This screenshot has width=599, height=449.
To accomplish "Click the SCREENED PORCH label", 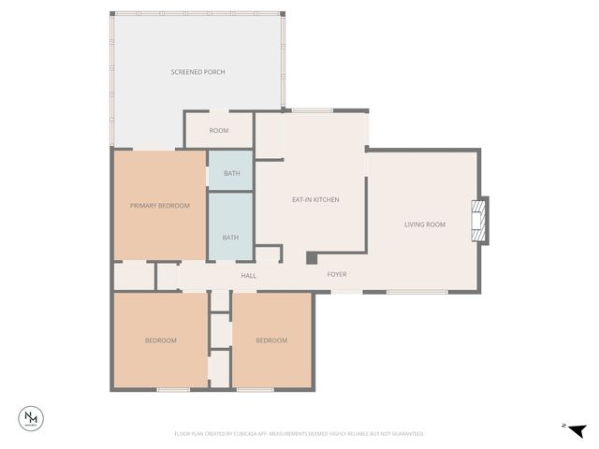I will click(x=197, y=72).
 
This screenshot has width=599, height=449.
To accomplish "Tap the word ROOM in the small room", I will click(x=219, y=130).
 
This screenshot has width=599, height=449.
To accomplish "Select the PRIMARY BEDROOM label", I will click(x=160, y=206).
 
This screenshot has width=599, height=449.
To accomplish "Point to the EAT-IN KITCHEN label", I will click(x=315, y=199).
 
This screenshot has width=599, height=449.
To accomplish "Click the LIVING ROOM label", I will click(x=424, y=224).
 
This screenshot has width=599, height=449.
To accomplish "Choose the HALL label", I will click(x=248, y=276).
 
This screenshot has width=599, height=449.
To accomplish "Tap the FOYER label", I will click(x=337, y=275).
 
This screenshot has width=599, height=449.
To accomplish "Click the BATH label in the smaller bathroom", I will click(x=231, y=173).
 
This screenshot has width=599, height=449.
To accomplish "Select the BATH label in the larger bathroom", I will click(x=230, y=238).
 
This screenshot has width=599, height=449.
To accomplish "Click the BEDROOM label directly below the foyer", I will click(x=271, y=340).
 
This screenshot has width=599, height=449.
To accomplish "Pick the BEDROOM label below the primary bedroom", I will click(x=160, y=340).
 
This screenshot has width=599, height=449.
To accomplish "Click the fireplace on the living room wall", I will click(x=480, y=221).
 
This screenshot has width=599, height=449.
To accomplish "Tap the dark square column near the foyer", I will click(x=311, y=258).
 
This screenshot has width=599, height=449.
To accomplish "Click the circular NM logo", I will click(x=33, y=417).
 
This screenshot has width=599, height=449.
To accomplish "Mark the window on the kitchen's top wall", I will click(x=310, y=110).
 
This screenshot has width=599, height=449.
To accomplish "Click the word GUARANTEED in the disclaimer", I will click(x=405, y=434).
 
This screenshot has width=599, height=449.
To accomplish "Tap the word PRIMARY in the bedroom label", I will click(x=144, y=206).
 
